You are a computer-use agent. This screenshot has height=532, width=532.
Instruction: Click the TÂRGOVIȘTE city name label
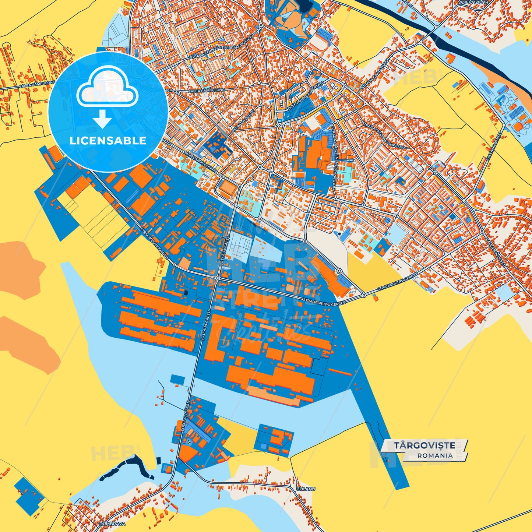coord(424,445)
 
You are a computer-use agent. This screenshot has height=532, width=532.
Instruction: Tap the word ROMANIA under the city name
coord(435,455)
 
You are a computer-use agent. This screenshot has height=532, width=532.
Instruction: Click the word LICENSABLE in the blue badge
coord(108,141)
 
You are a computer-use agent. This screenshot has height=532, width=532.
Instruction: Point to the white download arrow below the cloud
coord(102,119)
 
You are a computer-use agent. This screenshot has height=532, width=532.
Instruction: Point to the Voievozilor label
coord(473,2)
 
